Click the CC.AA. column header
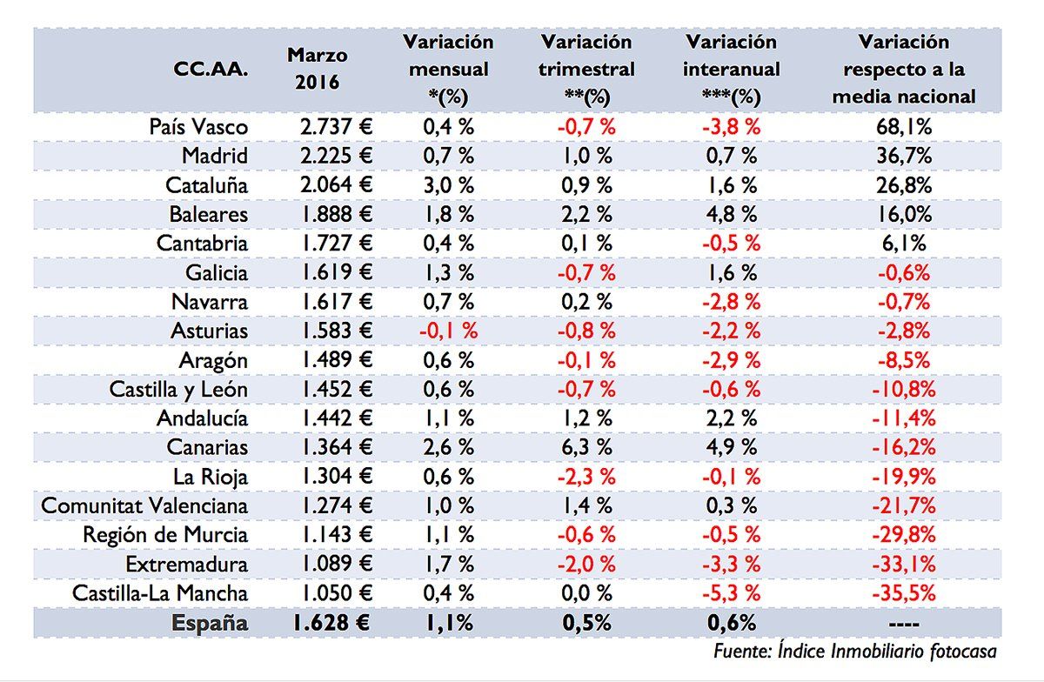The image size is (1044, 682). coord(212,70)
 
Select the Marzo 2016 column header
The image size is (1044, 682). coord(317,70)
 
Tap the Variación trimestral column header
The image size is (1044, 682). coord(587,69)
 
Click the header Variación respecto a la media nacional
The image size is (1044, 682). coord(903,69)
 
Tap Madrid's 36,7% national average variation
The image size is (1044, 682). coord(904,157)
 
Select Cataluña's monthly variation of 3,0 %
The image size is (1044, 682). coord(448,185)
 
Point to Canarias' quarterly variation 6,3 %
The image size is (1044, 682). coord(587,448)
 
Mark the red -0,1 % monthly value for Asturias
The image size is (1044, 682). coord(448,331)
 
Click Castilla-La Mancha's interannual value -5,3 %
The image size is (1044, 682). coord(732,594)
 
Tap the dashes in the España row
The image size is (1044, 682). coord(904,624)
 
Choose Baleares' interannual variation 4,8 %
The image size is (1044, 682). coord(732,215)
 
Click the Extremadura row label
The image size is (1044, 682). coord(186,565)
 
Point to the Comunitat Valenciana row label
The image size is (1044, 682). coord(144,506)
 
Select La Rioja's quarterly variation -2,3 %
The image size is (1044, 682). coord(587,478)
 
